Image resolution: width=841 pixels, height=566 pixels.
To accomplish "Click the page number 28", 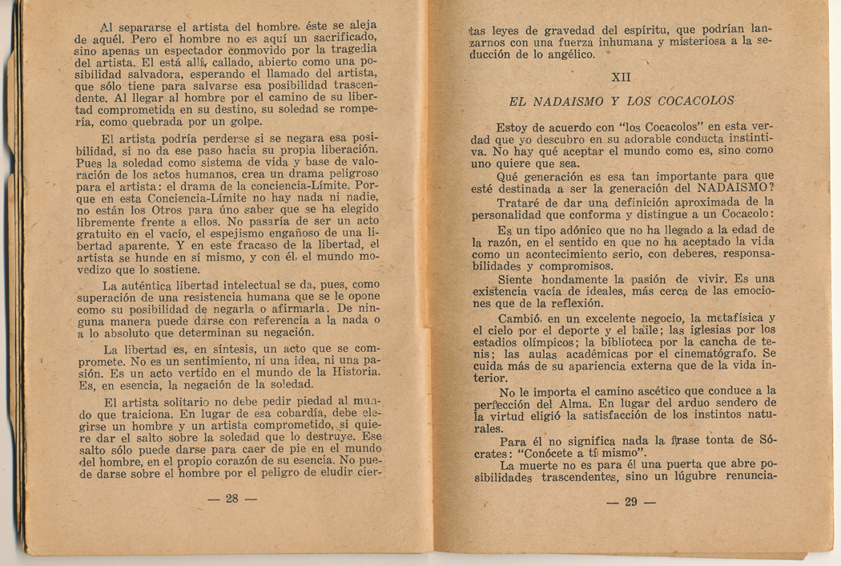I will point(232,499).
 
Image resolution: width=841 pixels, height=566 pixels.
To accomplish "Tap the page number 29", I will point(630,503).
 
